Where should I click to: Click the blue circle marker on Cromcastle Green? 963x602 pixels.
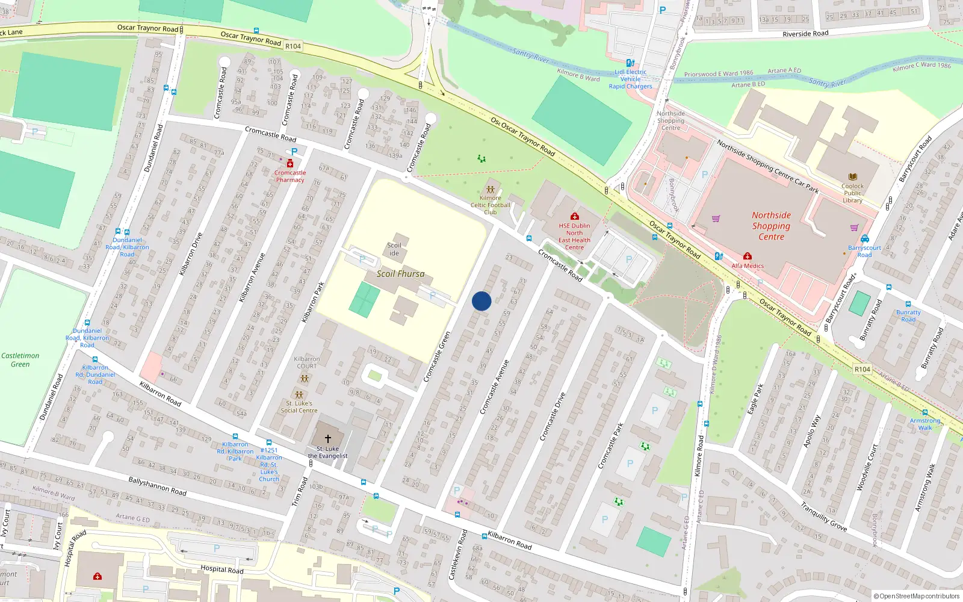point(482,301)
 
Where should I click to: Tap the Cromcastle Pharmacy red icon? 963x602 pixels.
point(290,164)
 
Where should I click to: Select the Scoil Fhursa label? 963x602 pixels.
point(400,274)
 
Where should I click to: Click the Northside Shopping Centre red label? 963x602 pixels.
point(771,226)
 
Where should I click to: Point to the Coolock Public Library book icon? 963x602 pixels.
point(852,177)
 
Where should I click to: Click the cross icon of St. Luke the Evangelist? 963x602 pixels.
point(328,439)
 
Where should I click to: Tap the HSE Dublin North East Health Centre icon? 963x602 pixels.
point(575,216)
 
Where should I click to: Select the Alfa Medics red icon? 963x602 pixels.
point(748,256)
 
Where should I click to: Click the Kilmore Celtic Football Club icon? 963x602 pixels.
point(491,190)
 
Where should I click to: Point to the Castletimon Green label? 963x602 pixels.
point(20,360)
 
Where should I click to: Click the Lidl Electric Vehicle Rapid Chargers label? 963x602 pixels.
point(630,79)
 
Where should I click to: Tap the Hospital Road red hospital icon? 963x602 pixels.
point(98,576)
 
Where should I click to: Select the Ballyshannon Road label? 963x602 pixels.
point(157,486)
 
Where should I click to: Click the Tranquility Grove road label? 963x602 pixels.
point(823,517)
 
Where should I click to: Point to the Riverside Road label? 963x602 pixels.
point(805,34)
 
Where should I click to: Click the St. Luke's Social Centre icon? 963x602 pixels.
point(299,395)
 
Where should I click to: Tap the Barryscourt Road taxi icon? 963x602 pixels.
point(865,238)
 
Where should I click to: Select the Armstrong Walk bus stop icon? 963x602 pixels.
point(925,414)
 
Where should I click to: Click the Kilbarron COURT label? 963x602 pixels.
point(306,362)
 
